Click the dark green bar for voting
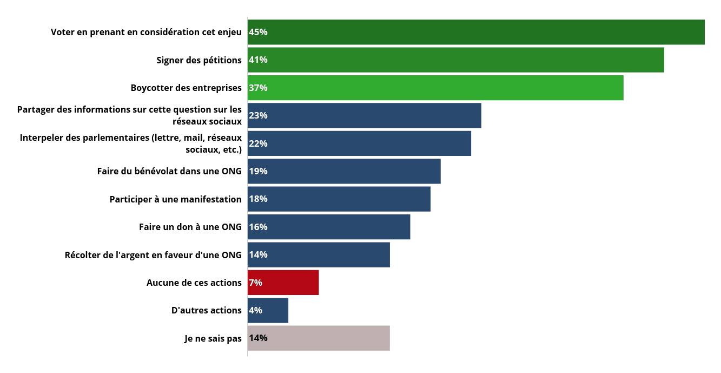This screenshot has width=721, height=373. point(476,32)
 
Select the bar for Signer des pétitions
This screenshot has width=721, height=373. point(455,60)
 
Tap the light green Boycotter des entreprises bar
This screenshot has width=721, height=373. point(435,88)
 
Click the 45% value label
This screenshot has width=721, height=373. point(258,32)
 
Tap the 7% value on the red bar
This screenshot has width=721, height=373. point(255,283)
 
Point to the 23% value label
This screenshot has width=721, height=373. point(258,115)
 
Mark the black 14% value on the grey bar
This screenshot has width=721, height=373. point(258,338)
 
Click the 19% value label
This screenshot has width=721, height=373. point(258,171)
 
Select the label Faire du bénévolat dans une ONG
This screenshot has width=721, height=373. point(169,171)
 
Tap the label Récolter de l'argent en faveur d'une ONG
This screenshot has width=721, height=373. point(153,255)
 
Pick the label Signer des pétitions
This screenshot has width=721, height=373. point(199,60)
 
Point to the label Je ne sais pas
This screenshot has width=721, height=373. point(213,338)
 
